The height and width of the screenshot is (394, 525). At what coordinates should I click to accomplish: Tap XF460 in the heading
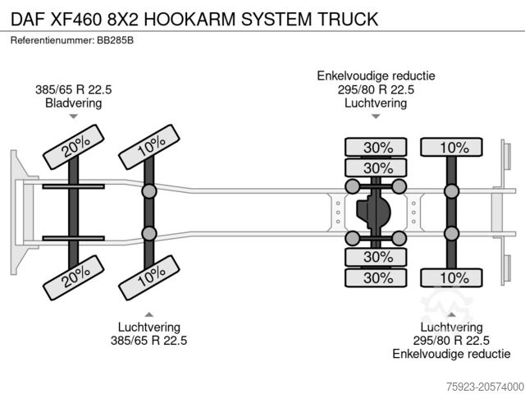[x=80, y=19]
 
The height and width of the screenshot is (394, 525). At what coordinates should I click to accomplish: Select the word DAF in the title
[x=27, y=19]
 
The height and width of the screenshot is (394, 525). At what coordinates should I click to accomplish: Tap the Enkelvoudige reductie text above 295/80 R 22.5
[x=376, y=76]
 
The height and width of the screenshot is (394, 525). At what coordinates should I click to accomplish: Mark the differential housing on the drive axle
[x=375, y=213]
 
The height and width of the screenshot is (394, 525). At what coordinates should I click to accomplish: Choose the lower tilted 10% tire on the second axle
[x=149, y=280]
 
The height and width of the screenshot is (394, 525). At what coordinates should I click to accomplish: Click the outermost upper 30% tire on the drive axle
[x=375, y=148]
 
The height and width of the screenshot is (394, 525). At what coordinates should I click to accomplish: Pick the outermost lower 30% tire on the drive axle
[x=375, y=278]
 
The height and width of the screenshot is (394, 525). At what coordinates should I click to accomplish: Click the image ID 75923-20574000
[x=479, y=384]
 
